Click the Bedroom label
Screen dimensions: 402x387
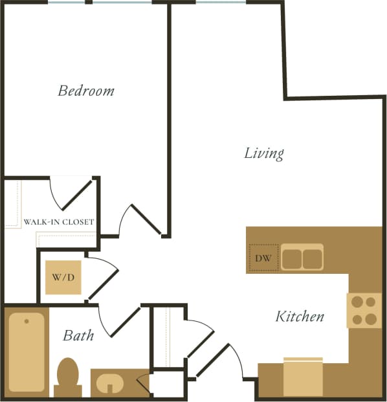pyautogui.click(x=86, y=91)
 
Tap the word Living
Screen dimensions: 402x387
pyautogui.click(x=264, y=153)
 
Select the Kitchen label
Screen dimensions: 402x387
pyautogui.click(x=300, y=317)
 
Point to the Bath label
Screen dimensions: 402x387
pyautogui.click(x=78, y=335)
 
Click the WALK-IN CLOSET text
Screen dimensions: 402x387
pyautogui.click(x=59, y=222)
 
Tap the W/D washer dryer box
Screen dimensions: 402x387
pyautogui.click(x=63, y=278)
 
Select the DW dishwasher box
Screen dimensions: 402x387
pyautogui.click(x=263, y=258)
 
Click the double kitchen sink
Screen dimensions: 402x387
pyautogui.click(x=302, y=257)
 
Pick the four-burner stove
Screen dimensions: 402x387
pyautogui.click(x=364, y=310)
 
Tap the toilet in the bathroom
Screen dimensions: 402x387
pyautogui.click(x=67, y=377)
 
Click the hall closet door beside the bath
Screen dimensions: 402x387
pyautogui.click(x=199, y=337)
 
